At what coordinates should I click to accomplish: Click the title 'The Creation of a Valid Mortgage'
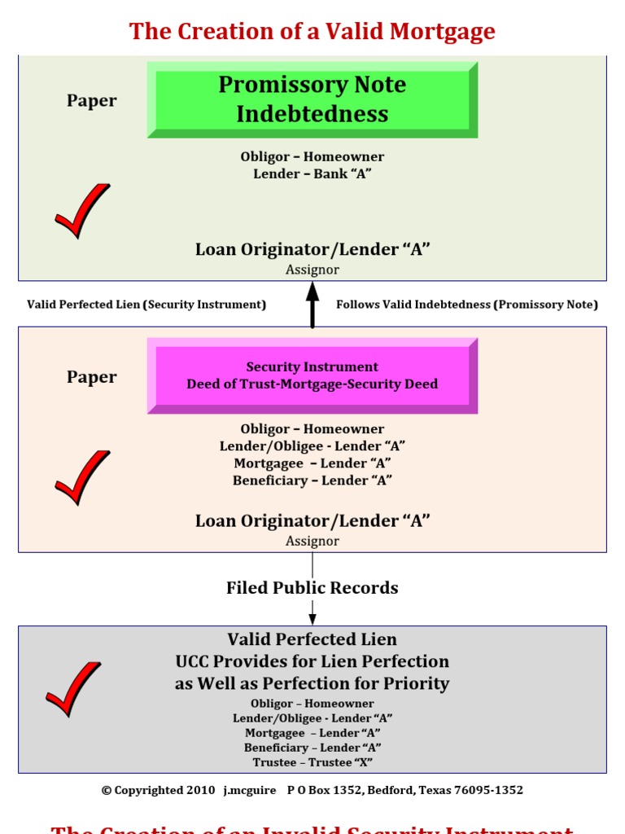(312, 32)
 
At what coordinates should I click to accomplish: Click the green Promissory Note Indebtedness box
(312, 99)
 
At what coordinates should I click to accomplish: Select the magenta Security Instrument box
(312, 375)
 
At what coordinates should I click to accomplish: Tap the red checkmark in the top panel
(81, 211)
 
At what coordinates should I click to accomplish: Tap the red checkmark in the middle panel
(81, 477)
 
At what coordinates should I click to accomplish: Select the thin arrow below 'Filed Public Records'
(312, 612)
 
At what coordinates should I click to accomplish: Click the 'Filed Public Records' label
(312, 588)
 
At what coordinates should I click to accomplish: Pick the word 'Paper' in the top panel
(92, 101)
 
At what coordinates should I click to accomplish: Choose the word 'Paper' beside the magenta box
(92, 377)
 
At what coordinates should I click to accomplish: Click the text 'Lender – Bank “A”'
(312, 173)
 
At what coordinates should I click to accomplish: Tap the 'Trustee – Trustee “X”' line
(312, 762)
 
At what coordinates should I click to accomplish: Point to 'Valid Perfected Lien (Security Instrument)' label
(146, 305)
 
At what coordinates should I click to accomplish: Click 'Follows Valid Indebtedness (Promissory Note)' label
(467, 305)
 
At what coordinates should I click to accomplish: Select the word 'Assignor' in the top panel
(312, 270)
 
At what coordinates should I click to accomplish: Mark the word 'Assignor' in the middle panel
(312, 541)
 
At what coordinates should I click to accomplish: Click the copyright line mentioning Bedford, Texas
(312, 790)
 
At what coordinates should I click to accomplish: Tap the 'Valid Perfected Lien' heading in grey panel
(312, 639)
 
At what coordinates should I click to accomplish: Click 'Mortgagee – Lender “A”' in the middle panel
(312, 463)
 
